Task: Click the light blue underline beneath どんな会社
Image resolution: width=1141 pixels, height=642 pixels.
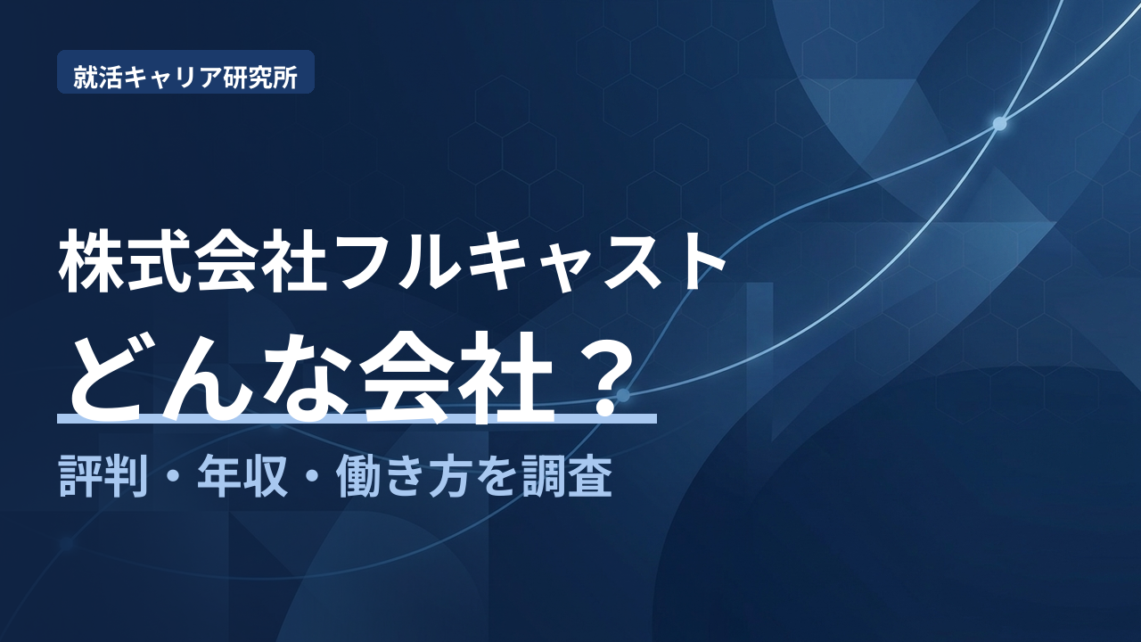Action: coord(357,419)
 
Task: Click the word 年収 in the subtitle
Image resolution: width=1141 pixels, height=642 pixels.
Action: coord(242,476)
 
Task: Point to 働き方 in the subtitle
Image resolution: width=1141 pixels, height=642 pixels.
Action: coord(401,476)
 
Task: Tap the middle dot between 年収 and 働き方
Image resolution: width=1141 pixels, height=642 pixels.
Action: coord(312,477)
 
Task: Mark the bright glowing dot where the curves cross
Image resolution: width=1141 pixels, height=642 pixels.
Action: coord(1000,123)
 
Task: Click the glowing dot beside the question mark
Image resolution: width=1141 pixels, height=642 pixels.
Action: coord(623,395)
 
